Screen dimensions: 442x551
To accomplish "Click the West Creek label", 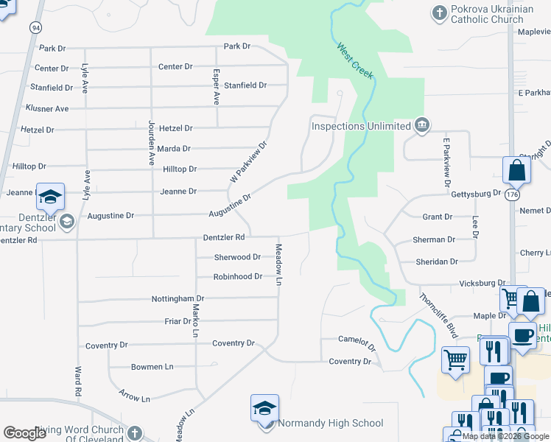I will point(356,61).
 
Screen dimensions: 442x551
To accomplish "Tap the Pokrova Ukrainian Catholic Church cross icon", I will point(439,13).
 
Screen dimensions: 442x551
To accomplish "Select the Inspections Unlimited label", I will point(360,126).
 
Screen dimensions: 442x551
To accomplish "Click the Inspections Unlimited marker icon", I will point(421,124).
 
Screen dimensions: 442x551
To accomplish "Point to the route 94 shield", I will point(35,27).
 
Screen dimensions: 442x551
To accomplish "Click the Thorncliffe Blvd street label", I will point(439,315).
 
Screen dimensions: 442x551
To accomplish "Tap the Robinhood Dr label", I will point(238,276).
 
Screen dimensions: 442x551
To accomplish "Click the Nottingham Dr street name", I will point(178,298).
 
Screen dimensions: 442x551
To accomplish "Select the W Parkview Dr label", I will point(247,162).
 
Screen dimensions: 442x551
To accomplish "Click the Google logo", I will point(25,433).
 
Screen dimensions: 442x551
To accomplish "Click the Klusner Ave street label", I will point(47,108).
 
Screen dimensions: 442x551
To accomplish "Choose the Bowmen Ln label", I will point(152,366).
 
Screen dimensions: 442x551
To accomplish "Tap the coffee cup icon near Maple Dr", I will point(522,335).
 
